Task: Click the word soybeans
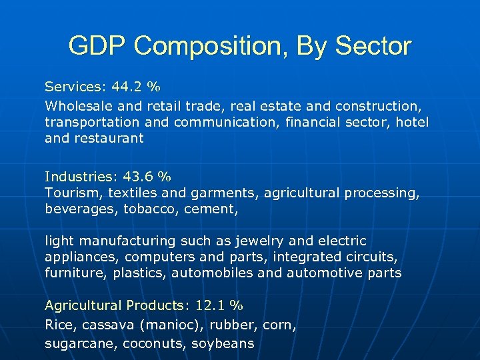223,344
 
